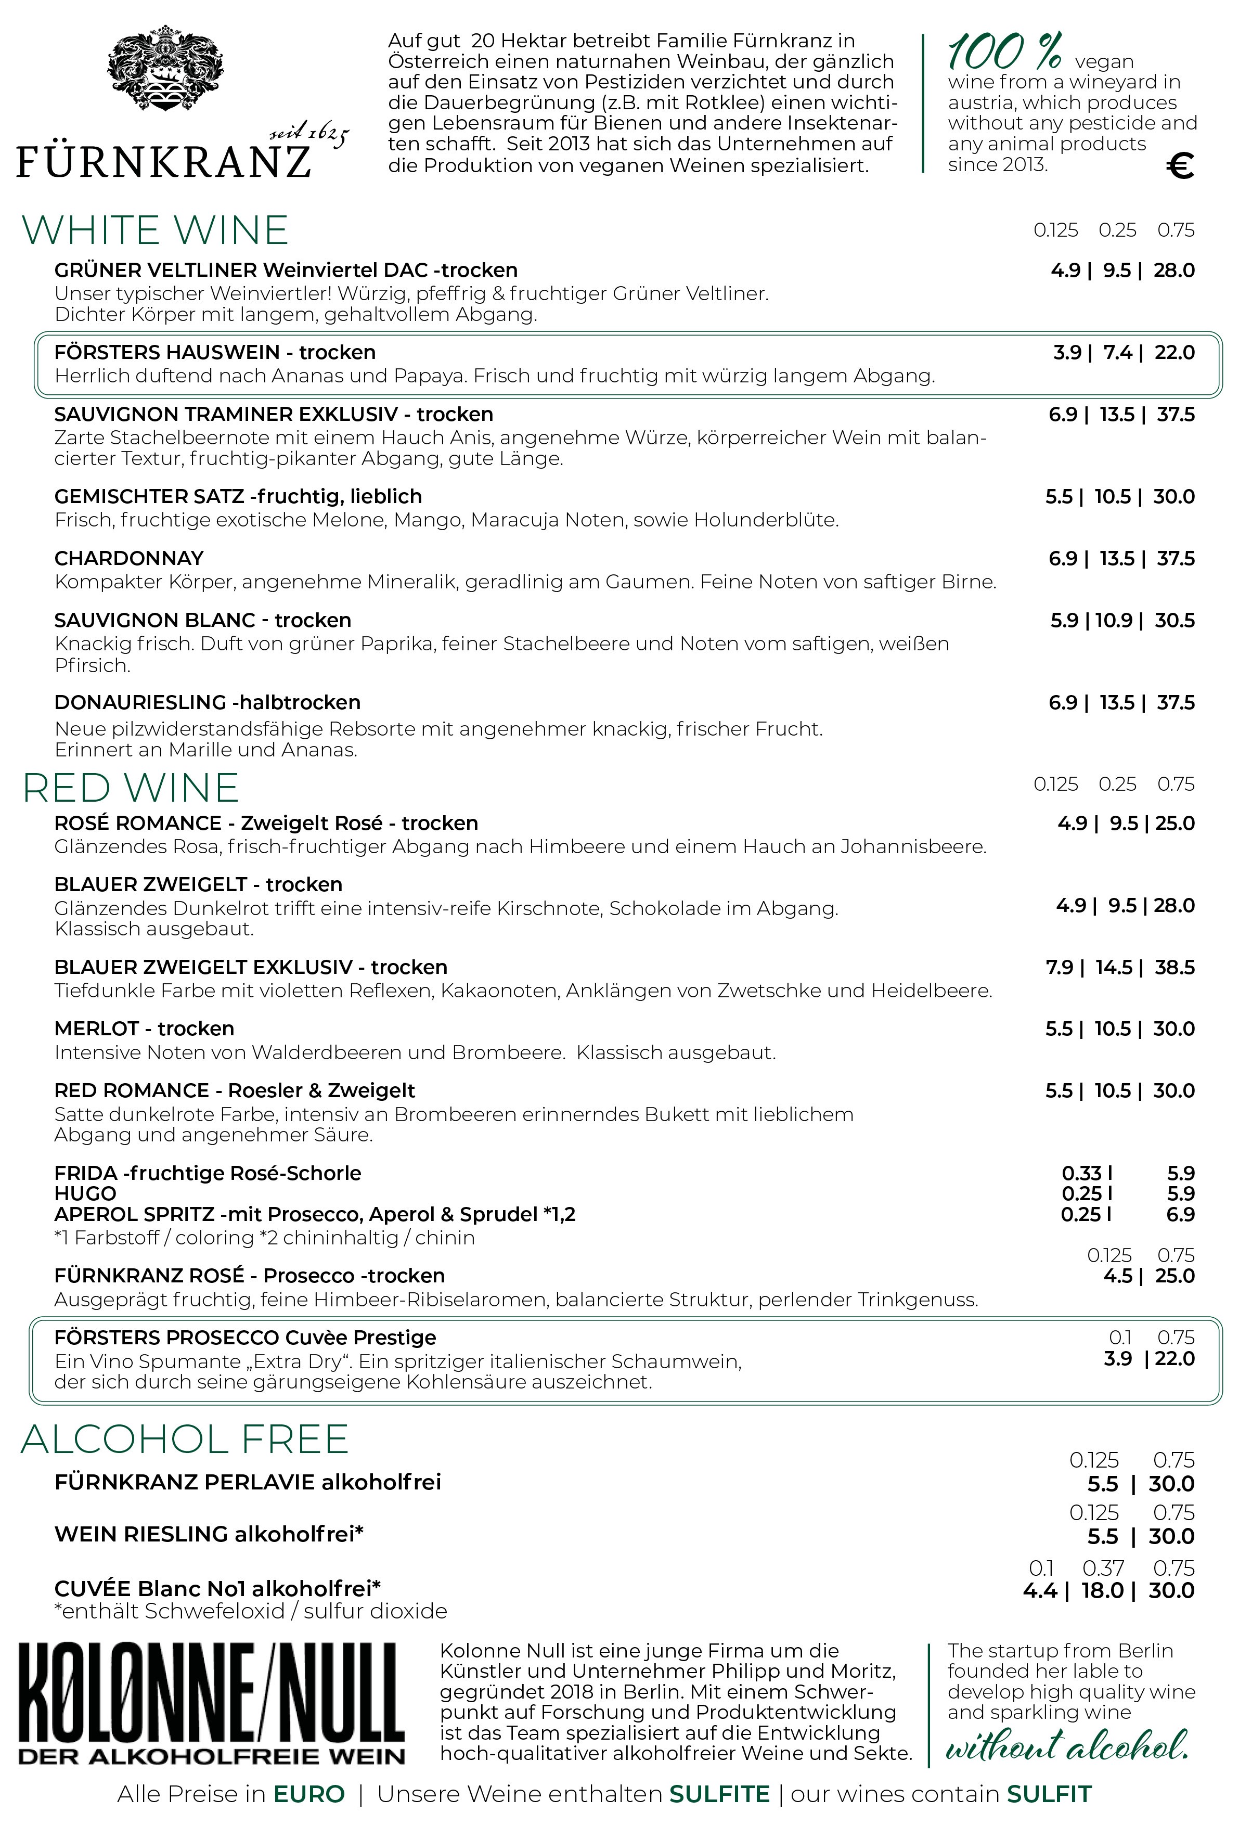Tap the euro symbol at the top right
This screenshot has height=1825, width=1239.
coord(1180,165)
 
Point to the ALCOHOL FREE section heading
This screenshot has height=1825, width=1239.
coord(185,1440)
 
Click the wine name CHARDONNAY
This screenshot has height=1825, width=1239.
coord(129,558)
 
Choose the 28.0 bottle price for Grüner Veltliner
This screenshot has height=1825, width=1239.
coord(1174,271)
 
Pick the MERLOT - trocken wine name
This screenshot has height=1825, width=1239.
coord(144,1029)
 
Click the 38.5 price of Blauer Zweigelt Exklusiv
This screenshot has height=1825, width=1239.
coord(1174,968)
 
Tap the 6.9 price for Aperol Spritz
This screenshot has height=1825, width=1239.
coord(1180,1214)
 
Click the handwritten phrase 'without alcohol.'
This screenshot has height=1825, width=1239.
coord(1066,1746)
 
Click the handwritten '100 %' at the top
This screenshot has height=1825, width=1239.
coord(1004,54)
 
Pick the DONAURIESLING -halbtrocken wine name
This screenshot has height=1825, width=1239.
coord(208,703)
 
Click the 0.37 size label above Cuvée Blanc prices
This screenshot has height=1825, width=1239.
coord(1103,1568)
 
